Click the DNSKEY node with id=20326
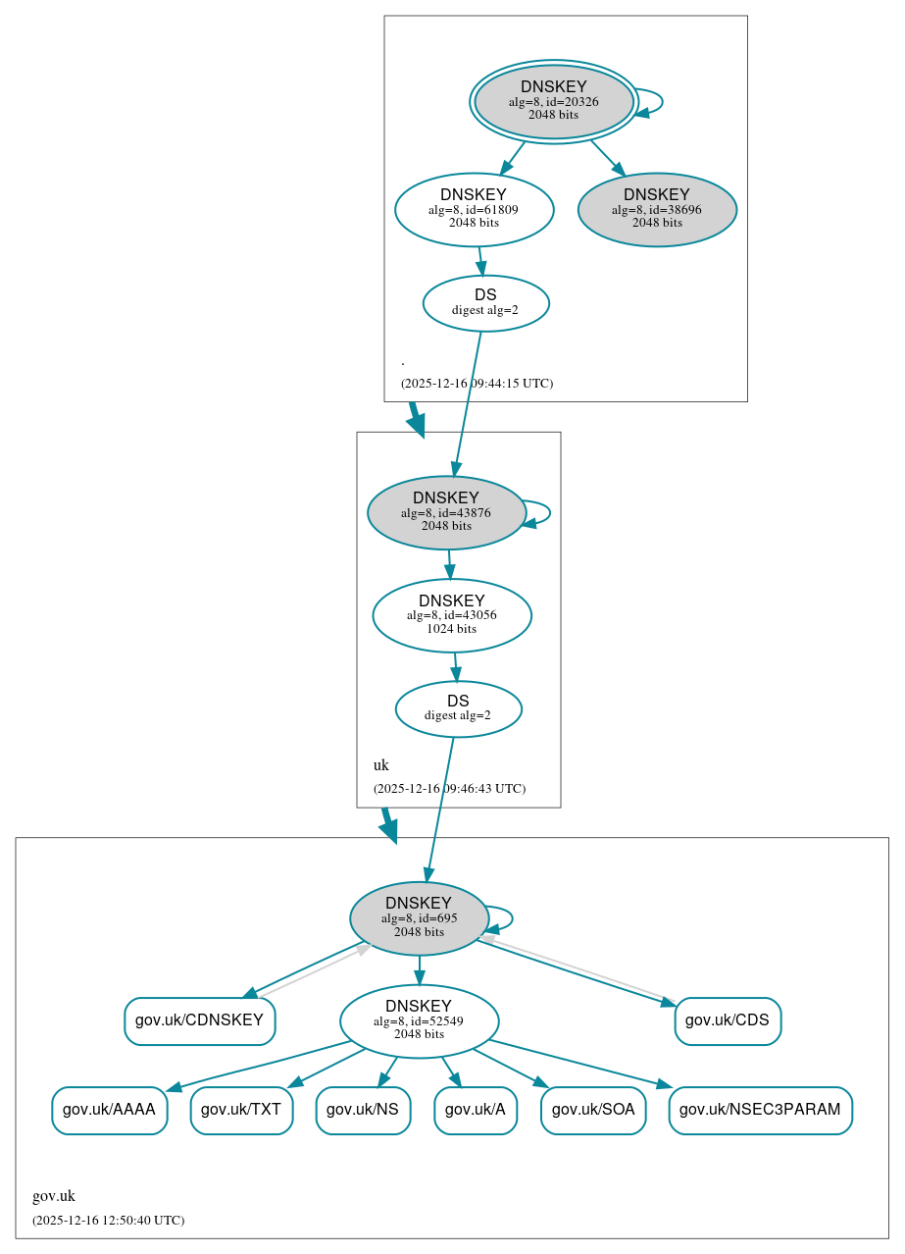(x=554, y=101)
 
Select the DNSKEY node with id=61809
(x=474, y=209)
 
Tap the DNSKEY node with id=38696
(x=657, y=209)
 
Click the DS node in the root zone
(x=485, y=302)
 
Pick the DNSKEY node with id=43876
(x=446, y=512)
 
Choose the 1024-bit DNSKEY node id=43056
(x=452, y=615)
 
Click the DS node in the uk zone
(x=458, y=708)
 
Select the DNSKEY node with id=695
(x=419, y=918)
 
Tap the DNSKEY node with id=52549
(x=419, y=1020)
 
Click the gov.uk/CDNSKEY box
(x=199, y=1020)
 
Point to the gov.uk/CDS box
(x=728, y=1020)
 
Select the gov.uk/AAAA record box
(x=109, y=1110)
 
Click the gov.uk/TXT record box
(x=241, y=1110)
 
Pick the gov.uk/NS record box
(x=363, y=1110)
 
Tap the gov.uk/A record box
(x=476, y=1110)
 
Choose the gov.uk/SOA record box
(x=593, y=1110)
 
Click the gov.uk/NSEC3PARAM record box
(x=760, y=1110)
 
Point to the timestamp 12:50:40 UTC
(x=108, y=1221)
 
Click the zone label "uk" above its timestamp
(x=381, y=765)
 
